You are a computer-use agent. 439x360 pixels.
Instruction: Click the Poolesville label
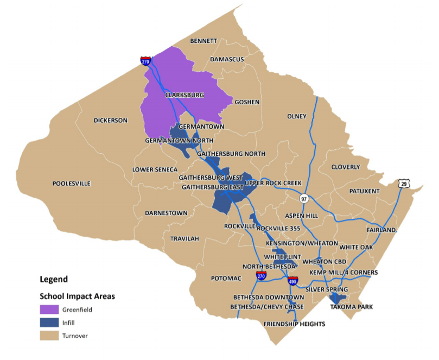click(x=71, y=184)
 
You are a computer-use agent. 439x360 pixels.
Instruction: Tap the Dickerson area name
click(x=110, y=121)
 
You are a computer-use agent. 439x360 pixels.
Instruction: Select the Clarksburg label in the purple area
click(x=184, y=95)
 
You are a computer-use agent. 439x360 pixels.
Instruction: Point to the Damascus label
click(x=227, y=59)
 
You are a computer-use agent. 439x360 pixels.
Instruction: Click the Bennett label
click(x=203, y=41)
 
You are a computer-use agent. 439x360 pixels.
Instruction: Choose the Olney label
click(x=297, y=116)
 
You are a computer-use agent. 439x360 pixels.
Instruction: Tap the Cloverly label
click(x=346, y=167)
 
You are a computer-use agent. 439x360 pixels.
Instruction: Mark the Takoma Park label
click(x=351, y=307)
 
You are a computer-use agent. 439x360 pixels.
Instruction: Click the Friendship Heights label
click(x=294, y=324)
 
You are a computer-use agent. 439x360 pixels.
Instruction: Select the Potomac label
click(x=226, y=279)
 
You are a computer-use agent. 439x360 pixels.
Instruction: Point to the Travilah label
click(x=184, y=238)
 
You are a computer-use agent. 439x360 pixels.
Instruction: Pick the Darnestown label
click(x=166, y=213)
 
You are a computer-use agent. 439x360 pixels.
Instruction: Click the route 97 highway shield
click(x=304, y=199)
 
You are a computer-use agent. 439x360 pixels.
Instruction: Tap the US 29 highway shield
click(x=402, y=184)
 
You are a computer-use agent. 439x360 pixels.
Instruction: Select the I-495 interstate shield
click(x=292, y=281)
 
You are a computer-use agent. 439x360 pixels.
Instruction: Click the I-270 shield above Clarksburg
click(x=145, y=61)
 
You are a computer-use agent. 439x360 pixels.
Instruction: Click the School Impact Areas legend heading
click(x=77, y=296)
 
